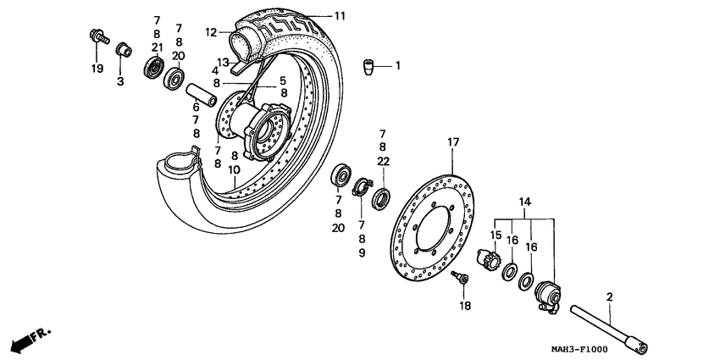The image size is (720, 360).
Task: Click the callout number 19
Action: tap(97, 67)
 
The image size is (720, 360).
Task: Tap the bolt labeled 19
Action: tap(95, 36)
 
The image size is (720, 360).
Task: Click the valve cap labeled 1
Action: tap(370, 65)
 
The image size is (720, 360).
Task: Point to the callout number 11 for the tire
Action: tap(340, 16)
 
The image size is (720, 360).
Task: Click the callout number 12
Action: tap(211, 33)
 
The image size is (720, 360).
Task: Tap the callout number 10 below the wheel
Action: tap(234, 169)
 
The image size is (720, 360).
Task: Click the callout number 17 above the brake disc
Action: tap(453, 142)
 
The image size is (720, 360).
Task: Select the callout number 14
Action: tap(524, 202)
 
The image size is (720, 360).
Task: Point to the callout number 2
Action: tap(608, 296)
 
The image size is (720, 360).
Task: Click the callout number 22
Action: tap(383, 162)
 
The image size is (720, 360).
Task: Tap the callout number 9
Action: tap(363, 252)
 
